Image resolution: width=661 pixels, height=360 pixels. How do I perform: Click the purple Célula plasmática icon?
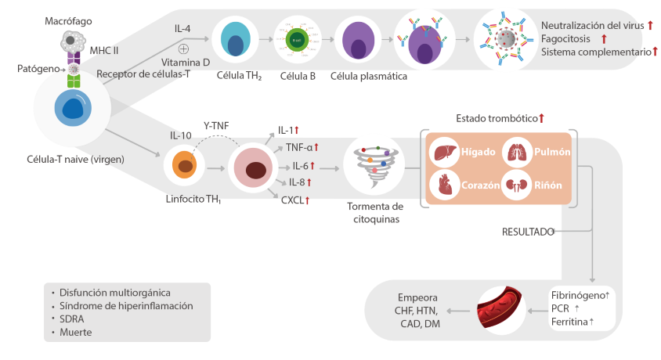coord(358,41)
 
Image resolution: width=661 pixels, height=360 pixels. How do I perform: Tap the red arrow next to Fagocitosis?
coord(604,38)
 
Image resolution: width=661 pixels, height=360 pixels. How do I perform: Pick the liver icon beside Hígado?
coord(445,151)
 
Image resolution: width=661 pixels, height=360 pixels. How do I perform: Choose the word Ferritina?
coord(569,322)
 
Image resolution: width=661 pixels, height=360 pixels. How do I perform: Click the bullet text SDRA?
coord(73,319)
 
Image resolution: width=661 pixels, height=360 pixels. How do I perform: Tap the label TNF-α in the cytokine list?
coord(299,146)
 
